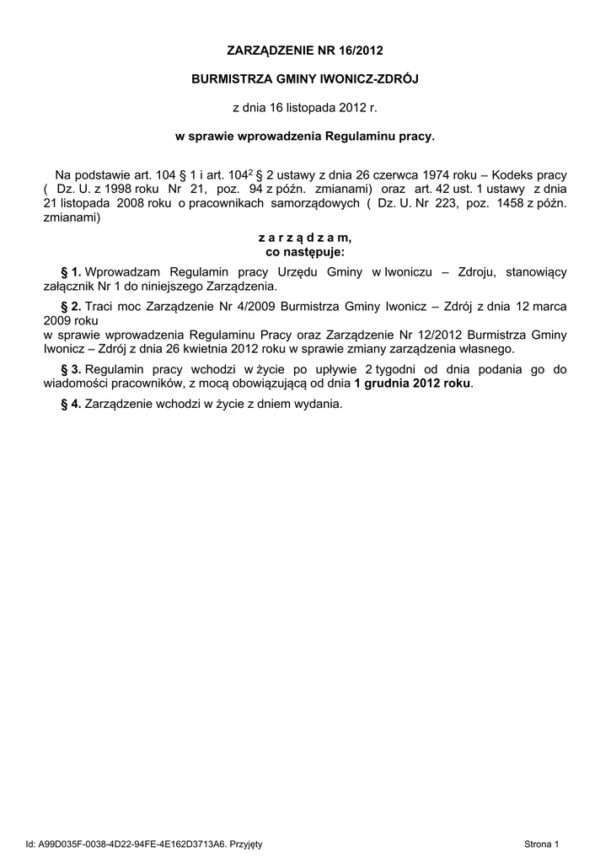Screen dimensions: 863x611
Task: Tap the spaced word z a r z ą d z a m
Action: [304, 239]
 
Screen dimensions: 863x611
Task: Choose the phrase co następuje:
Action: [304, 251]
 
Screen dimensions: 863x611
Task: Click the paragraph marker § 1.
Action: [71, 271]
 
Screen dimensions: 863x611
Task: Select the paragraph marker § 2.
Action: [71, 306]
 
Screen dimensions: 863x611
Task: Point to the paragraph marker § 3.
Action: [71, 369]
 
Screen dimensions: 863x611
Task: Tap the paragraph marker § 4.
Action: [71, 404]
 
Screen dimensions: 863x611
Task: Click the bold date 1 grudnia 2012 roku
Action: [413, 383]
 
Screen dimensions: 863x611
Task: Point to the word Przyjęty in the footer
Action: [246, 843]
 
